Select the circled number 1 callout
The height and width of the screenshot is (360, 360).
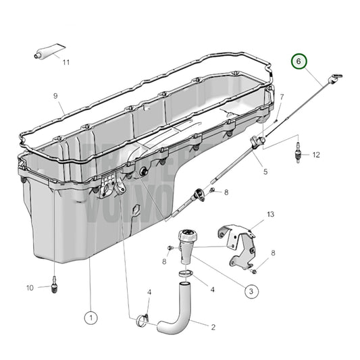91,315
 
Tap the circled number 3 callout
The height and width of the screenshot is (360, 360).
251,291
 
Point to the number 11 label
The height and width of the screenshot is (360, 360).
66,63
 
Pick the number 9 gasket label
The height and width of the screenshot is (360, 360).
56,96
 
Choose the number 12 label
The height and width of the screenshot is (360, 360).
316,155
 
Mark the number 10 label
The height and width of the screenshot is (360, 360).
30,288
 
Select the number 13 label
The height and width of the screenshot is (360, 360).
270,214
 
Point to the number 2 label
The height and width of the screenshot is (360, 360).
213,328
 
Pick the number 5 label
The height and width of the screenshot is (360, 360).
265,172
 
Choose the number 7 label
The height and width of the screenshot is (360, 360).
281,97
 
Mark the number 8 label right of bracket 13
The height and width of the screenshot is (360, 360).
272,253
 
